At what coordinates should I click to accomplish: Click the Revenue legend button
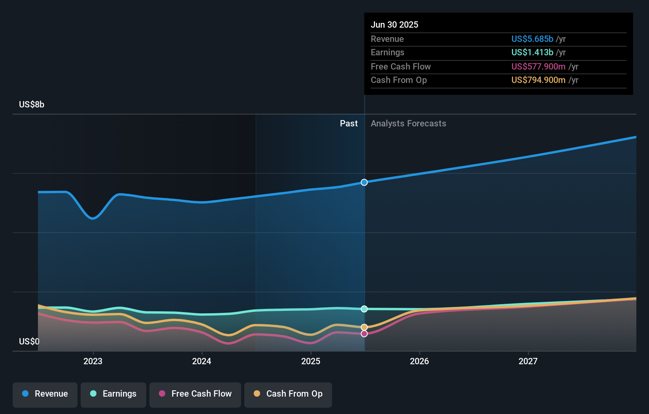45,394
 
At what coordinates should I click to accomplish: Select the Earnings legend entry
113,394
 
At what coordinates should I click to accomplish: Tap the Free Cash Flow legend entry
195,394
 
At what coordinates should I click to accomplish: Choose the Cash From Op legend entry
288,394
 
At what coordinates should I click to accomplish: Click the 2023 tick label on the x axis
93,361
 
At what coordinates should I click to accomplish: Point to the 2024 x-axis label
202,361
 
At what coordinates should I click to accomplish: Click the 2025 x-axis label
311,361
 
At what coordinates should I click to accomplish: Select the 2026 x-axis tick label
419,361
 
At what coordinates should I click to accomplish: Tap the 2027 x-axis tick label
528,361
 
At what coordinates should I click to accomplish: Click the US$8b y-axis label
32,105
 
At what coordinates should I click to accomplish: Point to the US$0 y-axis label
29,341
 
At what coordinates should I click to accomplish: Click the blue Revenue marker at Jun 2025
364,182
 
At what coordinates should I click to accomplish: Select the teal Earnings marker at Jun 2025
364,309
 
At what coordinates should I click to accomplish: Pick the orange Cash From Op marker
364,327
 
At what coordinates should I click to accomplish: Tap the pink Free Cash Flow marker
364,334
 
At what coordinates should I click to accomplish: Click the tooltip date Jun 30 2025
394,24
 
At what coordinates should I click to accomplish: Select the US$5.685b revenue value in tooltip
532,39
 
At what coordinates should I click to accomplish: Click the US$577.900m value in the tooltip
538,66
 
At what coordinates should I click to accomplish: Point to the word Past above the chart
349,124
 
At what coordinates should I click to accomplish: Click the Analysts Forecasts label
408,124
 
